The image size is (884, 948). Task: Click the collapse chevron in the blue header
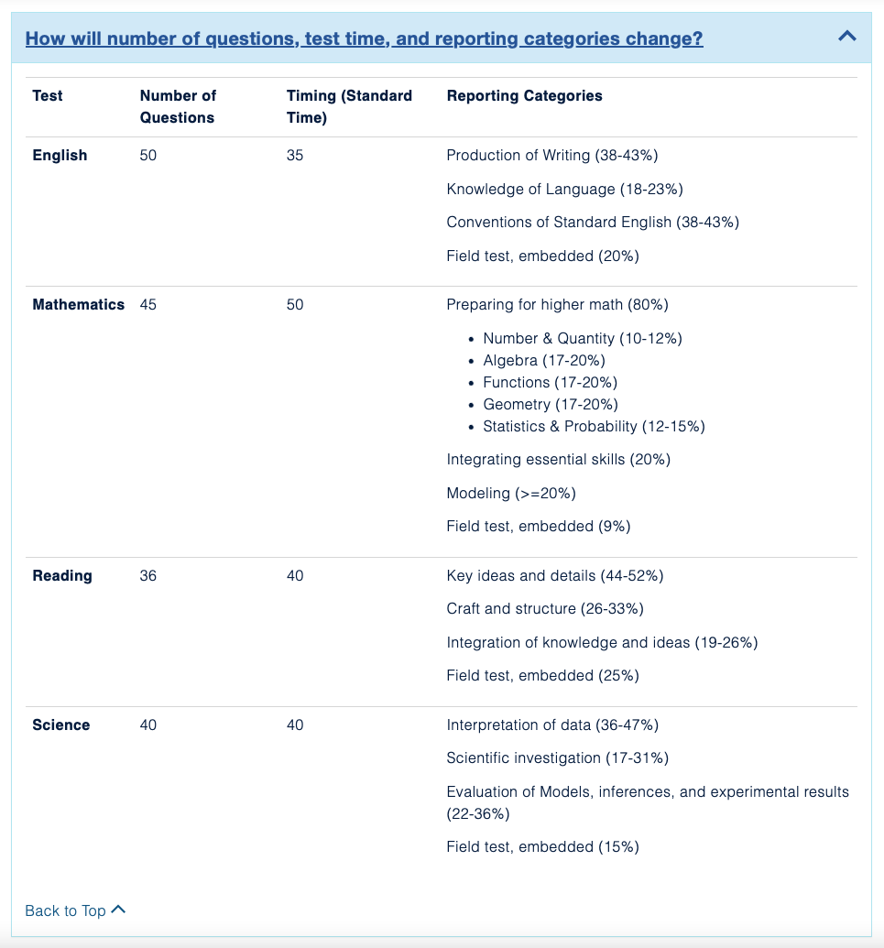847,37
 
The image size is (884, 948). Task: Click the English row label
60,156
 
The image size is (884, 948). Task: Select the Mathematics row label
78,305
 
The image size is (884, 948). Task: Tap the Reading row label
62,576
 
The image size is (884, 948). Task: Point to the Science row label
61,725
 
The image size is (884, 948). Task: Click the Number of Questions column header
178,106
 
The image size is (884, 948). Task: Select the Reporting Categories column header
524,95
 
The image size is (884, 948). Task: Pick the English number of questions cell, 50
148,156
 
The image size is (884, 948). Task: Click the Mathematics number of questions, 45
148,305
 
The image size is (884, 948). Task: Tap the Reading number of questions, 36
148,576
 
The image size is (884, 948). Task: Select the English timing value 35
295,156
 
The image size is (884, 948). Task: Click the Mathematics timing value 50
295,305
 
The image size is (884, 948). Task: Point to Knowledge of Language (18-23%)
564,190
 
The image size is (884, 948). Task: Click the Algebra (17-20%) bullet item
544,361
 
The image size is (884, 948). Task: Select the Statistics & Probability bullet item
594,427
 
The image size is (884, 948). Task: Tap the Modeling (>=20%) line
511,494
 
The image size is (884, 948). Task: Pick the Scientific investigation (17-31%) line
557,758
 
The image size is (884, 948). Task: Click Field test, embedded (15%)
542,847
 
